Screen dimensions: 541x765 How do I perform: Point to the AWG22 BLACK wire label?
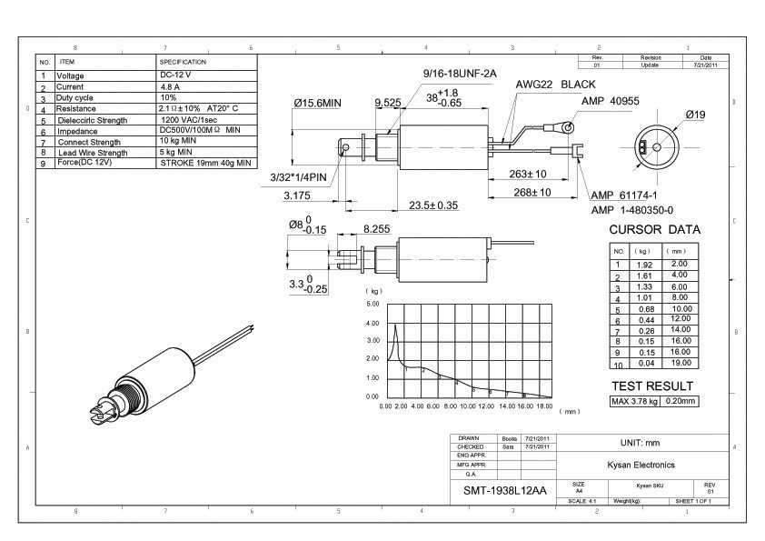555,84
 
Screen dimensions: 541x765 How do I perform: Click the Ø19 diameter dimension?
696,115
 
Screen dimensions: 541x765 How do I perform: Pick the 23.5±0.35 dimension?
432,205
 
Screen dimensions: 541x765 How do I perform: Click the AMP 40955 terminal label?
611,101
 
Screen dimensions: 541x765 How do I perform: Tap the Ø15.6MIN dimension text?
317,104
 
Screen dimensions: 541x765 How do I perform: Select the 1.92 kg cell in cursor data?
642,264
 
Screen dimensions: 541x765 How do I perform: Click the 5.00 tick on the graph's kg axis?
372,303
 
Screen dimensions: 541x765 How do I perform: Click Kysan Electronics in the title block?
641,465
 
